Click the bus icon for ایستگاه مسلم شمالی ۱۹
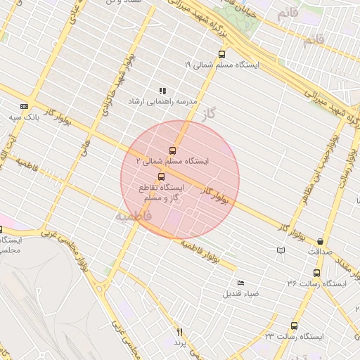222,54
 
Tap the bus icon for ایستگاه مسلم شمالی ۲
173,150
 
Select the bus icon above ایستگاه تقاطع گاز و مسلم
162,176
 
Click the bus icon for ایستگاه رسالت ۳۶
316,273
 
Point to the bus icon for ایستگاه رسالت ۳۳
293,326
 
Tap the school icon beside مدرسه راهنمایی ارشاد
162,91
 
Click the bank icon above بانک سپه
24,106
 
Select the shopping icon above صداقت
321,240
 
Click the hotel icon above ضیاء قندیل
241,282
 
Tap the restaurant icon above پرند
179,331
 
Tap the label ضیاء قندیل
241,292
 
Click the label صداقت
319,250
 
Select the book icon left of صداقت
281,250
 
